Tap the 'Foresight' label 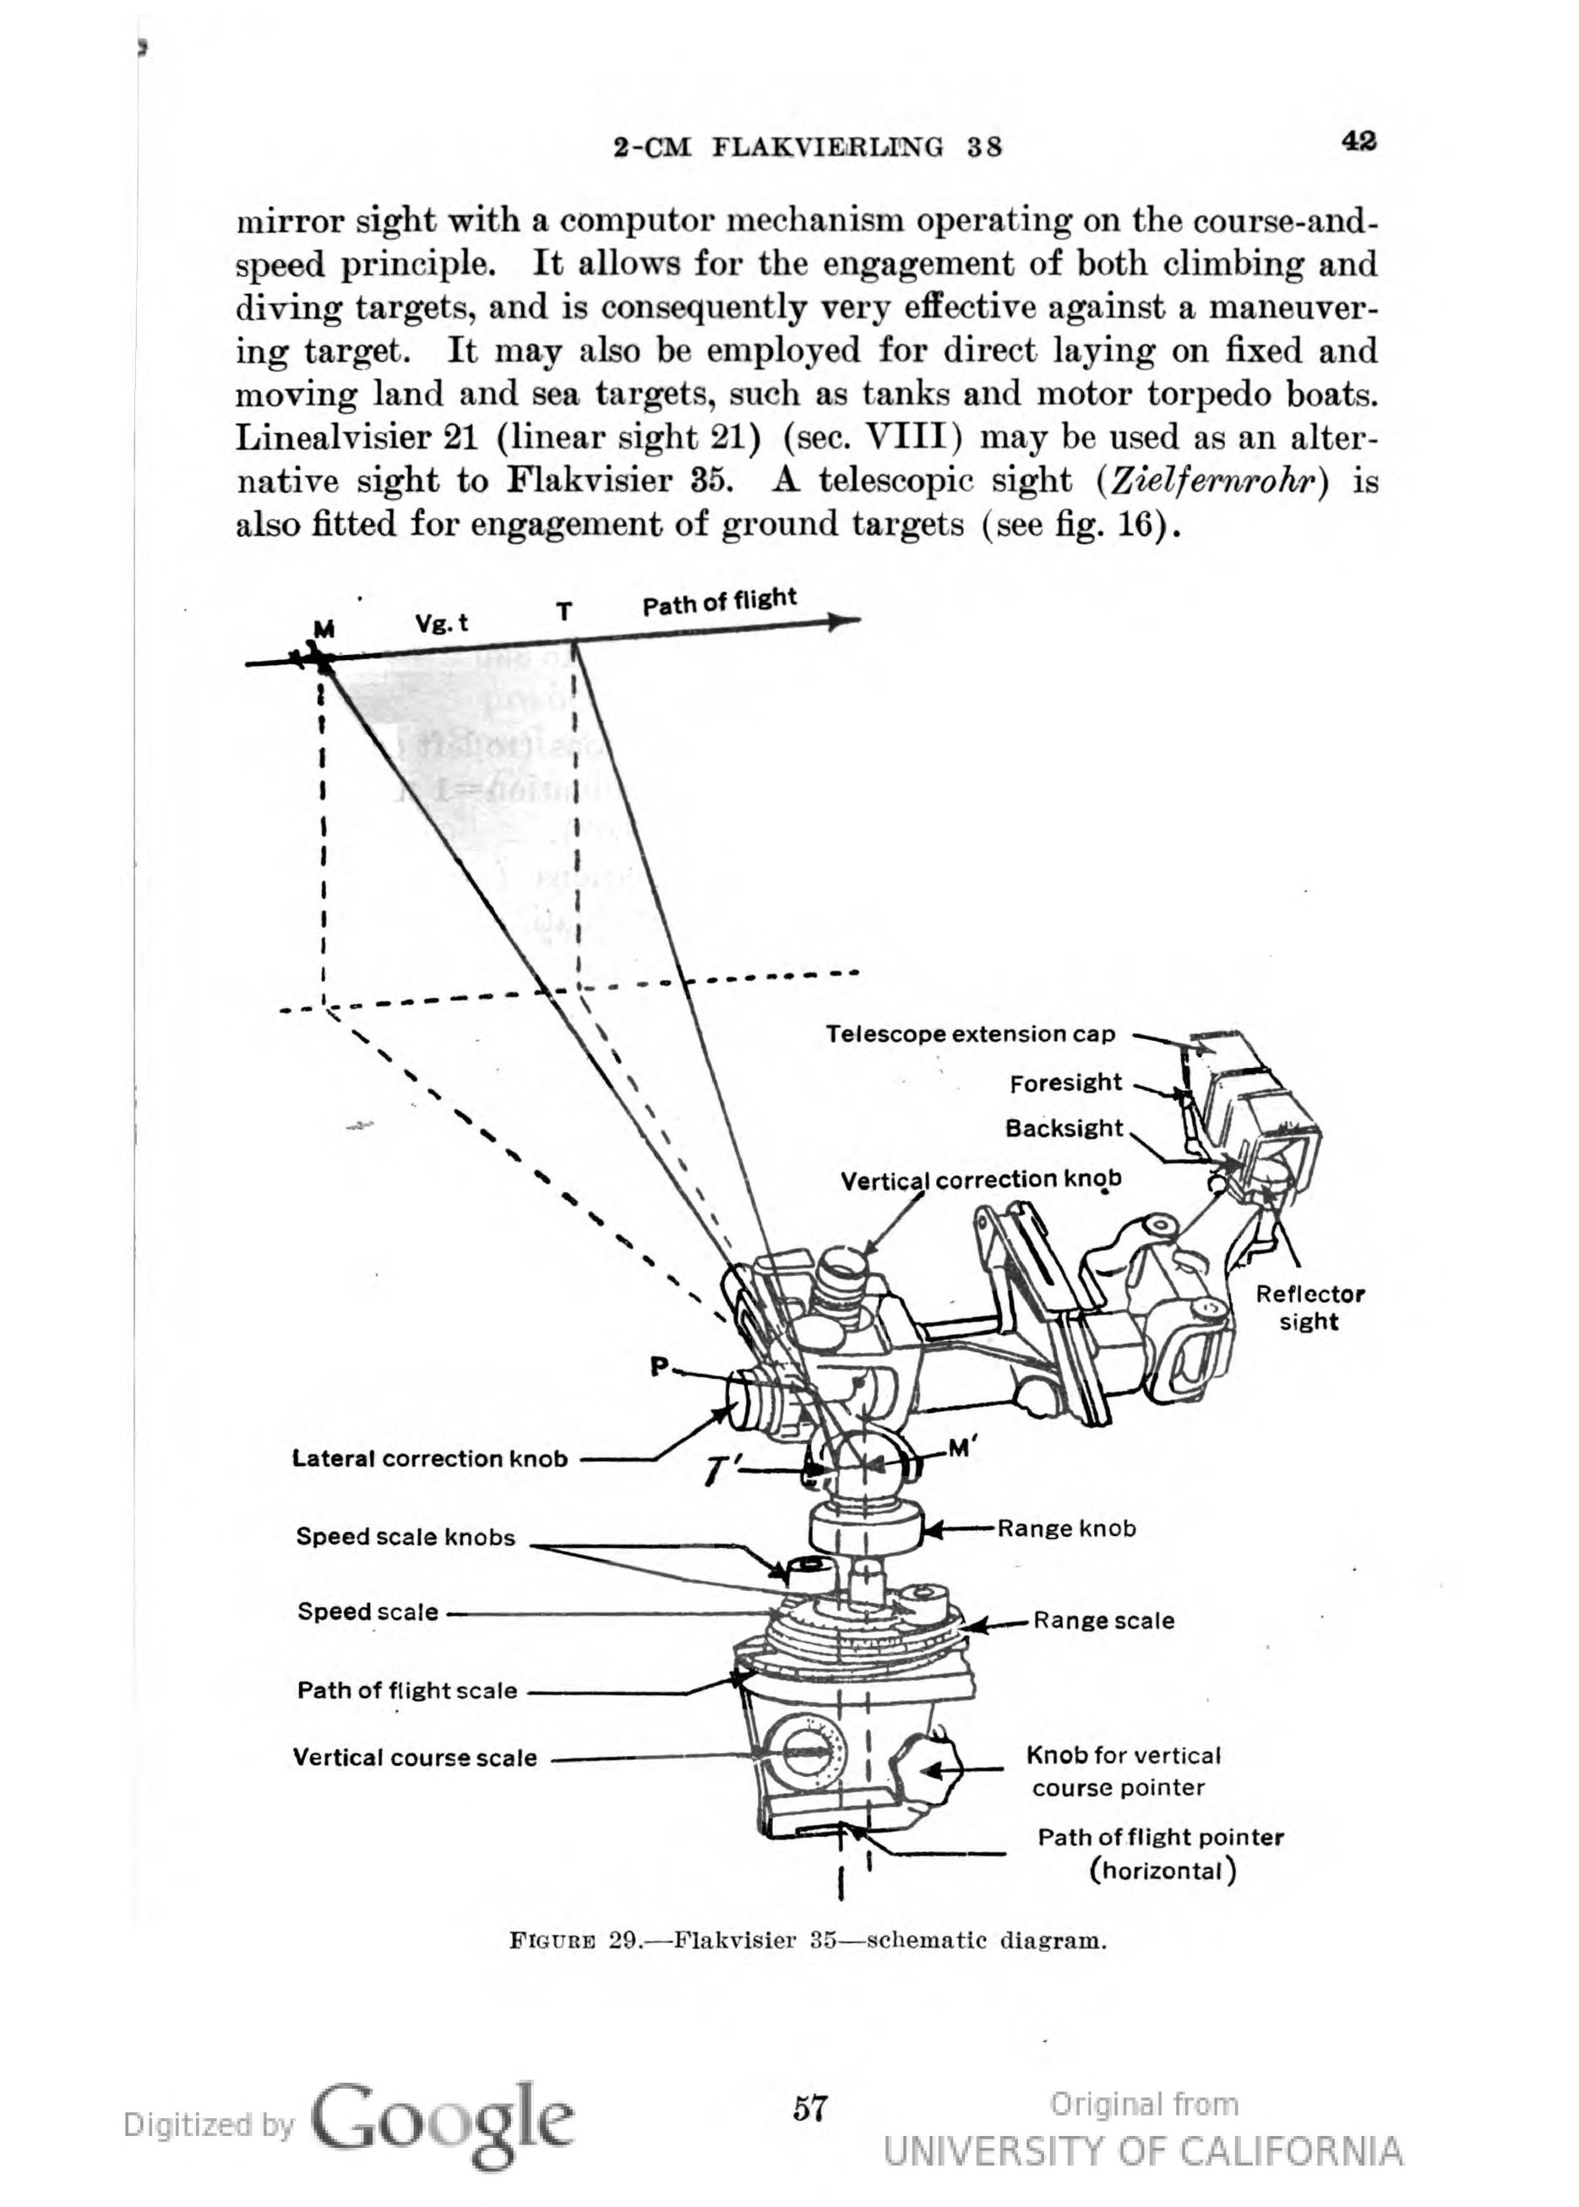[x=1065, y=1083]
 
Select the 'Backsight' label [x=1064, y=1129]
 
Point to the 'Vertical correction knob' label [x=981, y=1180]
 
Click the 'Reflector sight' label [x=1309, y=1308]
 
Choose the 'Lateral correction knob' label [x=430, y=1458]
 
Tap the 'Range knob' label [x=1066, y=1529]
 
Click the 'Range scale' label [x=1103, y=1621]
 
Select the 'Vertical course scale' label [x=415, y=1757]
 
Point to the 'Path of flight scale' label [x=407, y=1691]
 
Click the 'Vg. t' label [x=441, y=624]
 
